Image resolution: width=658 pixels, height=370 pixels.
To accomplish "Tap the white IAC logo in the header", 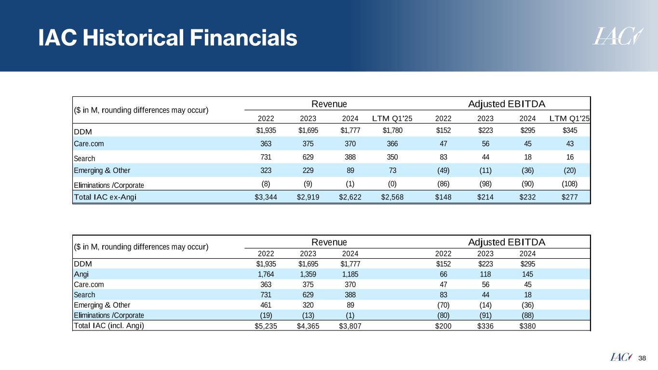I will [618, 36].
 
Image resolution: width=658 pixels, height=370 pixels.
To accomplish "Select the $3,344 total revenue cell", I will [266, 197].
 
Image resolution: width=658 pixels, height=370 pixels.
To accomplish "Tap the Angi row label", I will [81, 274].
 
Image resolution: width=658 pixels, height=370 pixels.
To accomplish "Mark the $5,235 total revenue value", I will [266, 326].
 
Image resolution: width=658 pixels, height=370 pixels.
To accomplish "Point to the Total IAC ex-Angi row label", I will [101, 197].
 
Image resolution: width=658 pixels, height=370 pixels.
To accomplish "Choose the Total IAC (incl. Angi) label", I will [108, 325].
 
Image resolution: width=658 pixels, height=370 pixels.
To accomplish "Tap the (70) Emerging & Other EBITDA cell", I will [443, 305].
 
